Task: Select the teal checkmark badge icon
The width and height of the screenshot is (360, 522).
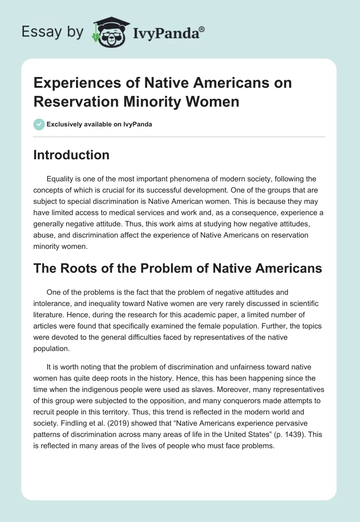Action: [39, 124]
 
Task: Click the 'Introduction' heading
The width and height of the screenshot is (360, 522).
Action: [72, 155]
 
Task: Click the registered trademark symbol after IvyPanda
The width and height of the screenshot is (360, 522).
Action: [202, 29]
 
